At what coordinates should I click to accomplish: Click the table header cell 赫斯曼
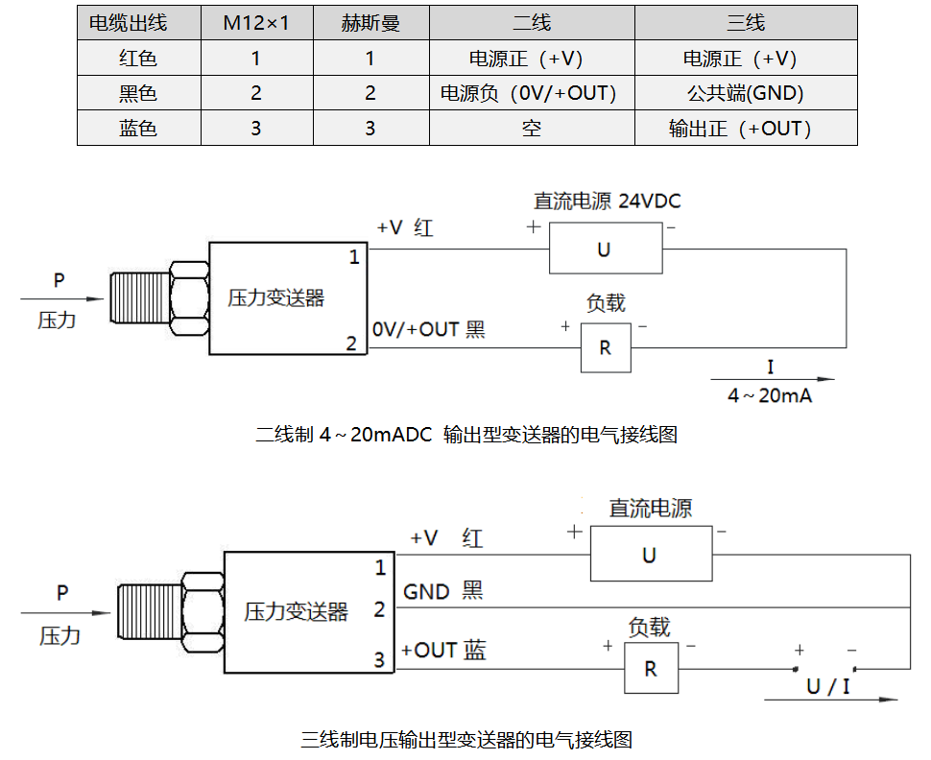(370, 23)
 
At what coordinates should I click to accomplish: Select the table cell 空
(532, 129)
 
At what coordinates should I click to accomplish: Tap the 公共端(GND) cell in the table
(746, 93)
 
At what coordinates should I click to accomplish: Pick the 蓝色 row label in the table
(138, 129)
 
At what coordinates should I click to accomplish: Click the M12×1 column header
(255, 23)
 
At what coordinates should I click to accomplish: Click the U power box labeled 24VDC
(605, 249)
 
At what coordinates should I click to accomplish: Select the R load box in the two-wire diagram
(606, 347)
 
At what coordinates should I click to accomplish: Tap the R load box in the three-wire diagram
(651, 668)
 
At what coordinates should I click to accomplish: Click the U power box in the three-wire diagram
(650, 555)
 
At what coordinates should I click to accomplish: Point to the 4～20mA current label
(770, 395)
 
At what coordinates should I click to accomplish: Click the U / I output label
(827, 686)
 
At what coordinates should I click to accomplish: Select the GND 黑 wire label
(442, 591)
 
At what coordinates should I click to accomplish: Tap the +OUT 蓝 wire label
(443, 651)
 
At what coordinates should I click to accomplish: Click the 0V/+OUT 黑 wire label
(428, 329)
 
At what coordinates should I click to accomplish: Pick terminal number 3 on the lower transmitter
(379, 659)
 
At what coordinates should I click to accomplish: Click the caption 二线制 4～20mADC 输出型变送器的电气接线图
(466, 435)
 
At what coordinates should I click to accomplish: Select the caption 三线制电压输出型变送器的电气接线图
(466, 740)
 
